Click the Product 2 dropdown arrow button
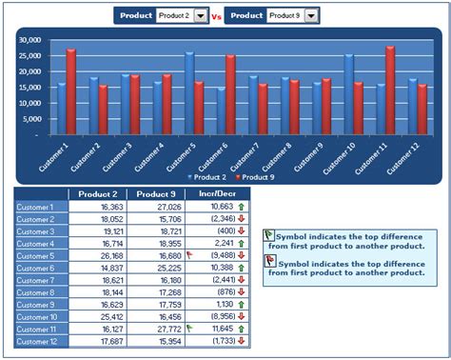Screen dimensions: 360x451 [200, 16]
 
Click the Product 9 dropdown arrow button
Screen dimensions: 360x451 [311, 16]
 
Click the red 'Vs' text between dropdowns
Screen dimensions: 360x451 [216, 16]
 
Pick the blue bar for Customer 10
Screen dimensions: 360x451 [348, 94]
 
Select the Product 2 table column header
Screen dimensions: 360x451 [99, 194]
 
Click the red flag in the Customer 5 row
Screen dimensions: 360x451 [189, 254]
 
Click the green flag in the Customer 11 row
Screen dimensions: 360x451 [189, 327]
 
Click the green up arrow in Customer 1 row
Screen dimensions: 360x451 [242, 207]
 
